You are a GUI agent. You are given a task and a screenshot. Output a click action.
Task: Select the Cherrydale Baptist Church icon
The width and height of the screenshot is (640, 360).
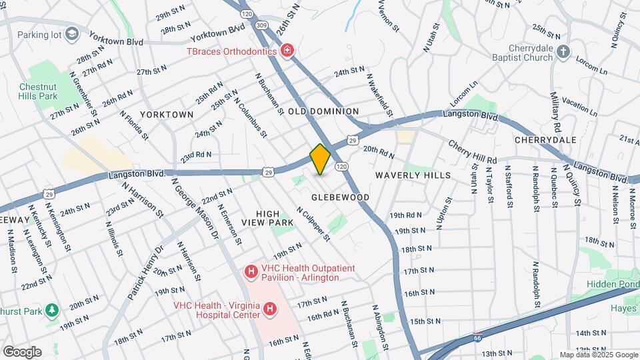(563, 51)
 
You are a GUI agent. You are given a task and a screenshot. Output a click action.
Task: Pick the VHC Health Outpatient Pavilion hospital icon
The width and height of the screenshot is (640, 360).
(251, 271)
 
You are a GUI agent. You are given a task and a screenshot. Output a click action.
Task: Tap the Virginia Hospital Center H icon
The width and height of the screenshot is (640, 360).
(270, 309)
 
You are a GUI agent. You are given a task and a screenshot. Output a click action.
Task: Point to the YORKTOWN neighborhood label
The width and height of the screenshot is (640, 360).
(167, 115)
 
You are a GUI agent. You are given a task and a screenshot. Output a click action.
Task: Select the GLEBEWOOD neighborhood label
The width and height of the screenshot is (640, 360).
(340, 198)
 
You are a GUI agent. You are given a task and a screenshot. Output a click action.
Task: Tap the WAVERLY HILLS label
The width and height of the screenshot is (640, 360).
(413, 175)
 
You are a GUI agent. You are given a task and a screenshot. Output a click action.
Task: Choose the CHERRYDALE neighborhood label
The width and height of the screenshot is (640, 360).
(545, 140)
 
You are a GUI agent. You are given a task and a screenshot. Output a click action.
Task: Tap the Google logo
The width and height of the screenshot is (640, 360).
(22, 352)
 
